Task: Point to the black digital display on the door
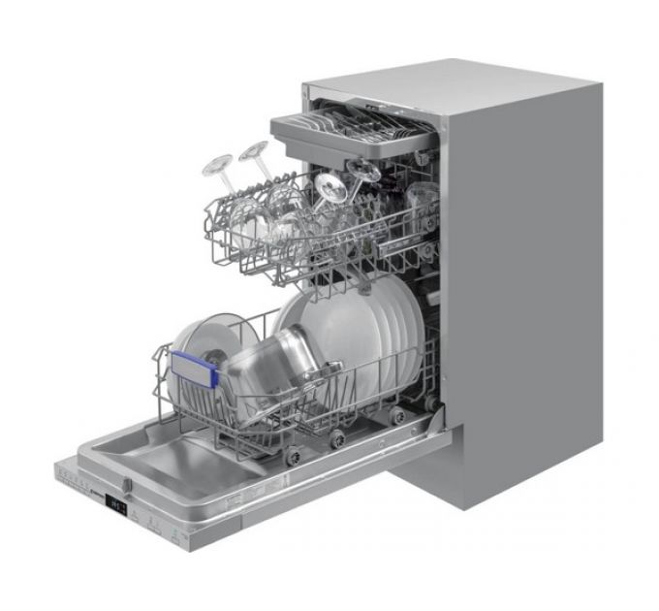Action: tap(117, 504)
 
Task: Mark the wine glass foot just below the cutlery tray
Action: tap(363, 171)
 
